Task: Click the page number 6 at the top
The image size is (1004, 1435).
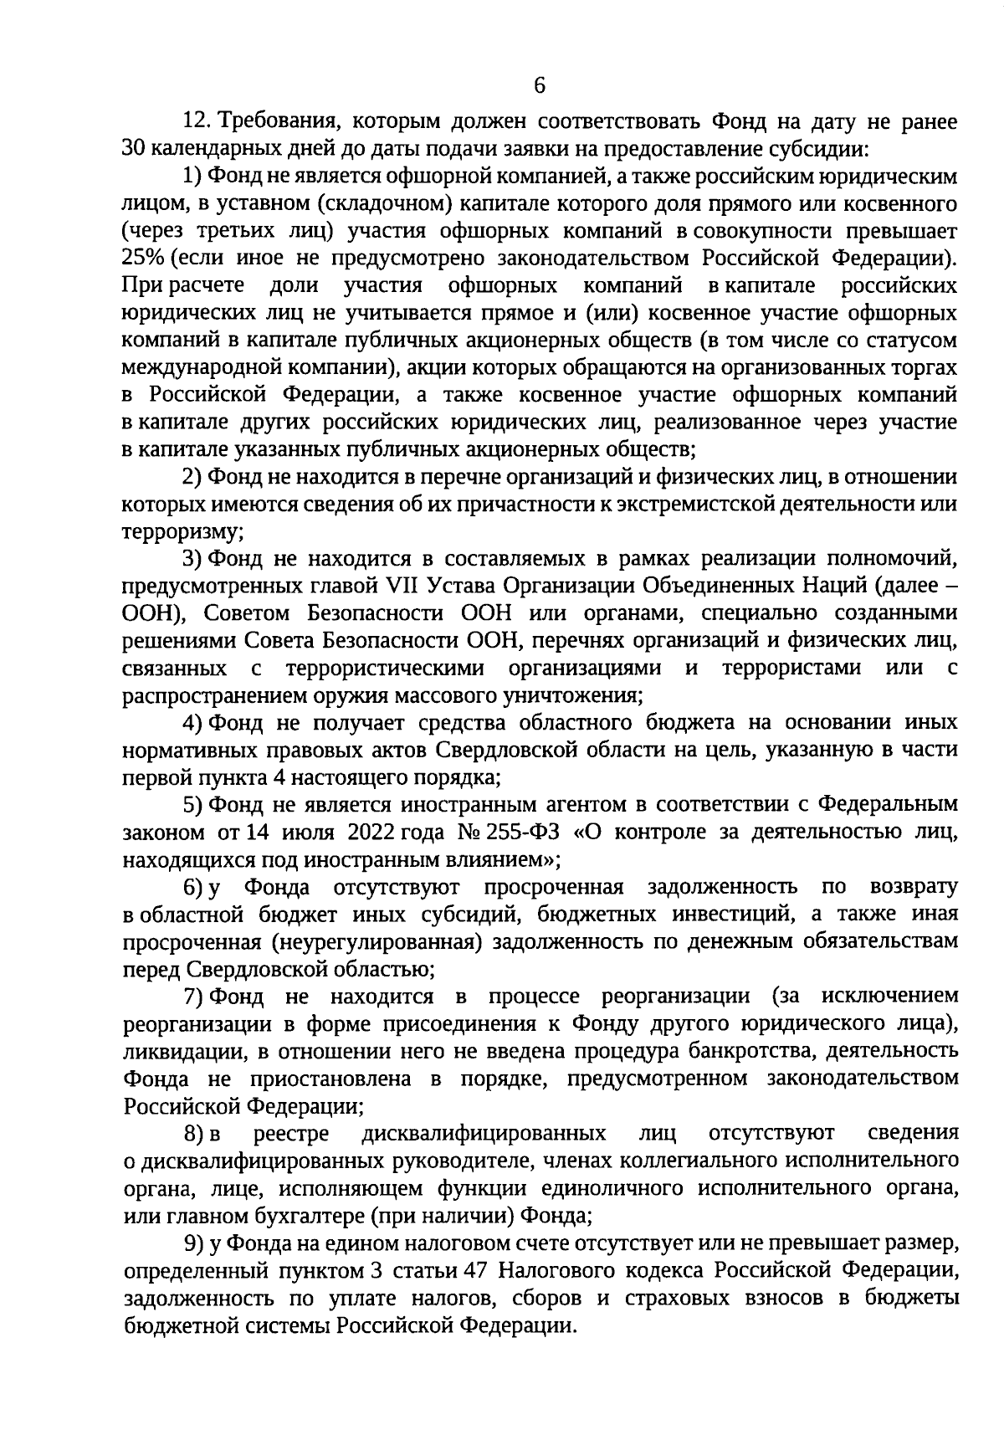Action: coord(539,85)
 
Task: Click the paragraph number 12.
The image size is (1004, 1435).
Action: coord(195,122)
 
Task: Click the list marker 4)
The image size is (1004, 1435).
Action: coord(193,722)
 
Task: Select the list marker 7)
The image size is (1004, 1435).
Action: coord(193,997)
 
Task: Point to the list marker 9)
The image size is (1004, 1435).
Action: coord(193,1244)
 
